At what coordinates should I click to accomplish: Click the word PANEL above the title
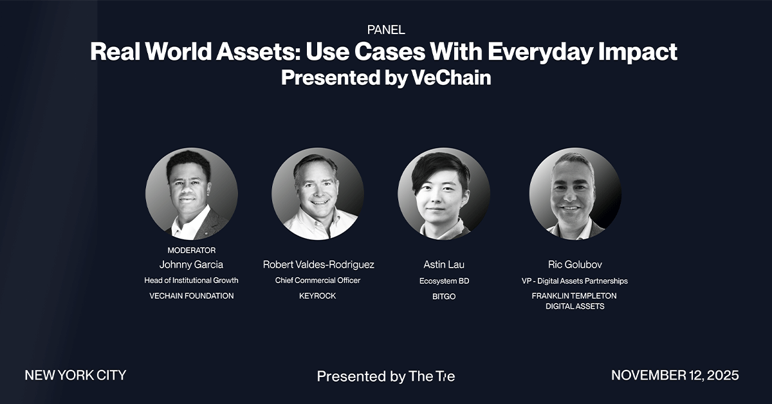(386, 30)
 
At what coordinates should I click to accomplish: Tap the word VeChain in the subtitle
(451, 78)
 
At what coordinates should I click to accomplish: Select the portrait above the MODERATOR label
(192, 194)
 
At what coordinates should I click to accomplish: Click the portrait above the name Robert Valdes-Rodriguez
(318, 194)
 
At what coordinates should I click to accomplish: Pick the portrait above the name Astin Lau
(444, 194)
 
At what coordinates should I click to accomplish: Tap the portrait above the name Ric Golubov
(575, 194)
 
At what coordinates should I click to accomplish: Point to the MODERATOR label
(192, 250)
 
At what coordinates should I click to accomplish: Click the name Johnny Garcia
(191, 265)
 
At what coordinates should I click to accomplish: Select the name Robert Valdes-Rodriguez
(318, 265)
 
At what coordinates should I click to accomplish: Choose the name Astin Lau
(444, 265)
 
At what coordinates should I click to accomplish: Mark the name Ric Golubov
(575, 265)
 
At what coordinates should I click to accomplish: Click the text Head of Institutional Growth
(191, 280)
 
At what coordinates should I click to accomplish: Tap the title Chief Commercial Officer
(318, 280)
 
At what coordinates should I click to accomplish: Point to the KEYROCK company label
(317, 296)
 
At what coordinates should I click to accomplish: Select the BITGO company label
(444, 297)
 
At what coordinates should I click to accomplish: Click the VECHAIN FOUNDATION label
(192, 296)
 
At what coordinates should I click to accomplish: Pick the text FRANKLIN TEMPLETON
(574, 296)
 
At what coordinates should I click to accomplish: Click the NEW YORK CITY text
(75, 376)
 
